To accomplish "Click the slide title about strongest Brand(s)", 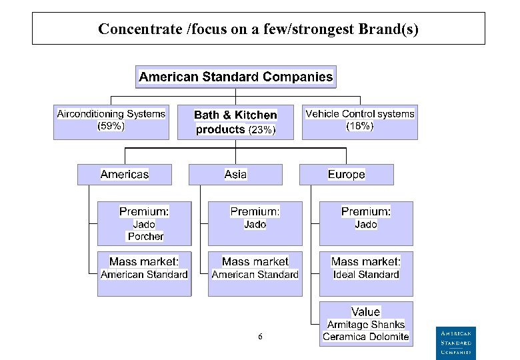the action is [258, 29].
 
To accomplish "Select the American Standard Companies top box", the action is [235, 77].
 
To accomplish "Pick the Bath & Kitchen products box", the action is [235, 123].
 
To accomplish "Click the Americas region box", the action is [125, 175].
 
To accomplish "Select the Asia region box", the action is [235, 175].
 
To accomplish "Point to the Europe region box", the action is [346, 175].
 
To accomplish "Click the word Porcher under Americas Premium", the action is [145, 237].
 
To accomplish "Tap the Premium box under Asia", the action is [255, 223].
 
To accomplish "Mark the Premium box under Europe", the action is [365, 223].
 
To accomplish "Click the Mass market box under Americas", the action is [144, 273].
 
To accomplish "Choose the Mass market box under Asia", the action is [255, 273].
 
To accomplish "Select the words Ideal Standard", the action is [366, 275].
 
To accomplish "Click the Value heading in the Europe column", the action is [365, 312].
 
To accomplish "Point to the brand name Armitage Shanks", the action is [365, 325].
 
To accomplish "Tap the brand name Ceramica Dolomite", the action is [365, 337].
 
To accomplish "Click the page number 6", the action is [260, 337].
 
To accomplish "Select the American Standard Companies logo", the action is [457, 342].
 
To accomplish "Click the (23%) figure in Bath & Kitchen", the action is [261, 131].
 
